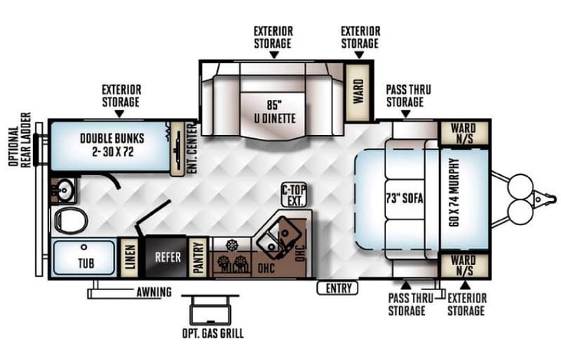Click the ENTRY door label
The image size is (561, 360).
337,289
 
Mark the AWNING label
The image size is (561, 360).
154,292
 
